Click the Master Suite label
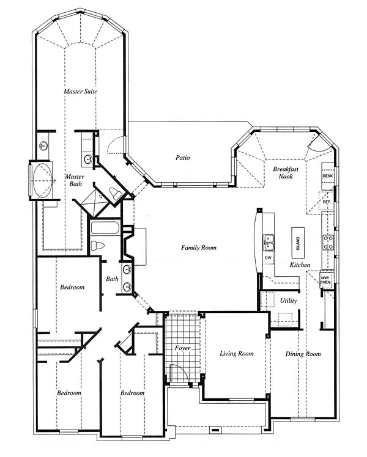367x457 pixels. coord(81,91)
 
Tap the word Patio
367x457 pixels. coord(183,158)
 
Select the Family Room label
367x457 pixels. coord(199,247)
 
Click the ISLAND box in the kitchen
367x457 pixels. coord(298,243)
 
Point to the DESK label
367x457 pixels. coord(327,176)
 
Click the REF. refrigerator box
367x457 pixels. coord(326,201)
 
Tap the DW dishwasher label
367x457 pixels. coord(268,258)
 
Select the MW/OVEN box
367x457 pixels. coord(325,280)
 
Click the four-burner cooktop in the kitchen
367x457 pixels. coord(328,243)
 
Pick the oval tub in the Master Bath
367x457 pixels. coord(43,181)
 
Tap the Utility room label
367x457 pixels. coord(289,301)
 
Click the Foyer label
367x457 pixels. coord(183,348)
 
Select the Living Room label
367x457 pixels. coord(237,354)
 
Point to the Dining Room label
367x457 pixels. coord(303,354)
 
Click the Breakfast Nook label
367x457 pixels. coord(286,172)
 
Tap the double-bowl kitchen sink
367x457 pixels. coord(269,243)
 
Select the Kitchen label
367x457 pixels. coord(300,265)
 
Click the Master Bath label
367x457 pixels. coord(75,180)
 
